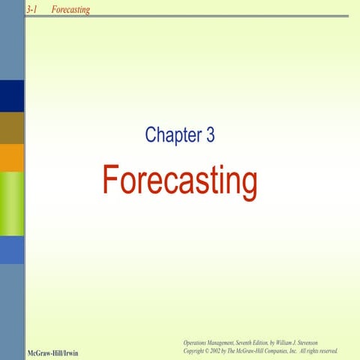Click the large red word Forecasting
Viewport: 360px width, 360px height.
[x=179, y=181]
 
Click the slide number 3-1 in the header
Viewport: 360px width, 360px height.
[x=31, y=9]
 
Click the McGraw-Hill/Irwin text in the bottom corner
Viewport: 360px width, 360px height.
[x=52, y=351]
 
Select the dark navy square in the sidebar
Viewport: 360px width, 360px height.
[x=12, y=95]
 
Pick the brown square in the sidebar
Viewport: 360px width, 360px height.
[x=12, y=127]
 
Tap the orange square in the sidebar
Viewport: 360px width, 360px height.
[x=12, y=157]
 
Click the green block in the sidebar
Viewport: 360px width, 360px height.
[x=12, y=202]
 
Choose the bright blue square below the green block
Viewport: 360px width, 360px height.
[x=12, y=249]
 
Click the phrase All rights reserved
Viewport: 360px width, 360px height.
[x=318, y=350]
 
